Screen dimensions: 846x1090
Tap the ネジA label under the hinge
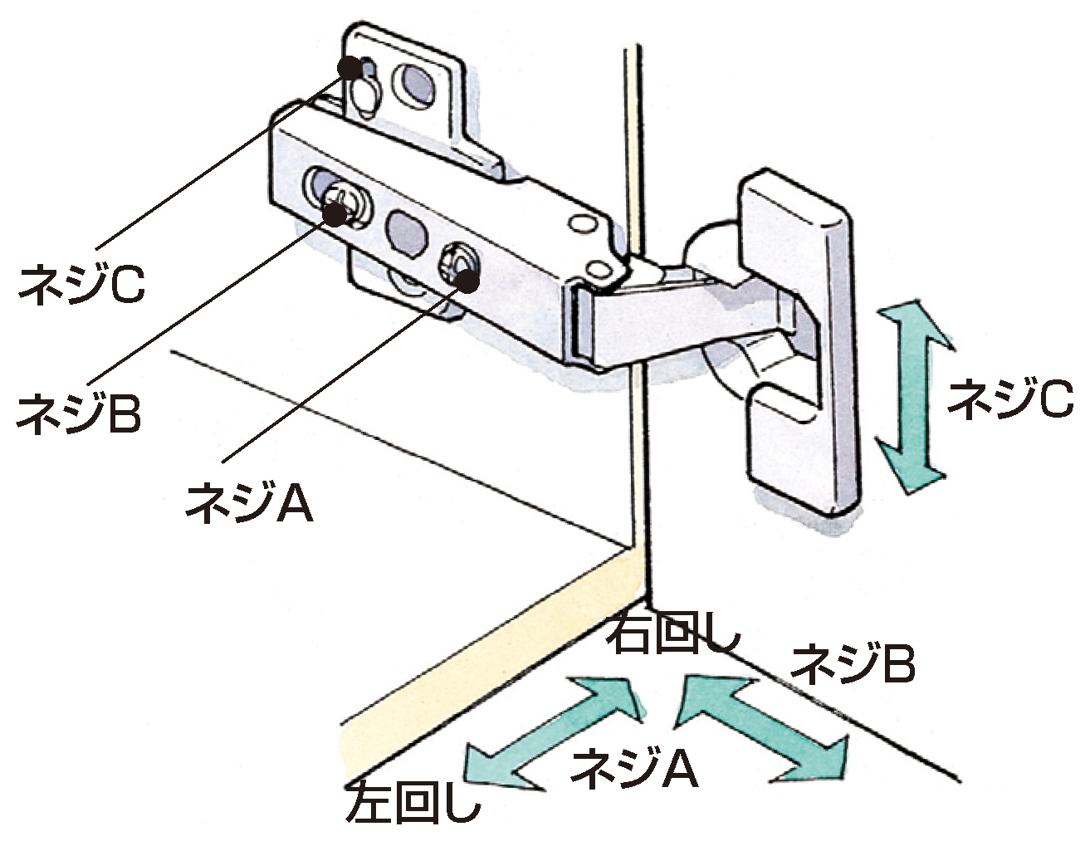(249, 500)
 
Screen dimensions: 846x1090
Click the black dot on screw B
(335, 215)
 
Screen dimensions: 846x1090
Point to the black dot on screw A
(467, 281)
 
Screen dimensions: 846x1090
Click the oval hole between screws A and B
(405, 228)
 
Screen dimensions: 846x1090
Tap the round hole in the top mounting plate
(415, 85)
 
